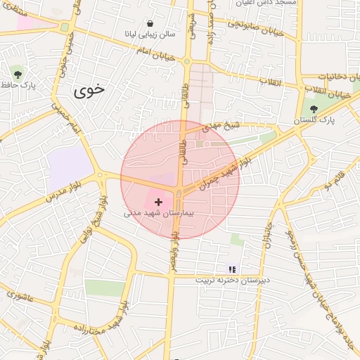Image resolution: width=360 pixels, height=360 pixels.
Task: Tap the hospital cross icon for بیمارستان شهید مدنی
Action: tap(157, 202)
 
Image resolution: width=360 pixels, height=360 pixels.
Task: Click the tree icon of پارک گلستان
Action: tap(314, 109)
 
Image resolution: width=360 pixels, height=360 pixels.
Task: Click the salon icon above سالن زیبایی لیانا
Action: tap(150, 23)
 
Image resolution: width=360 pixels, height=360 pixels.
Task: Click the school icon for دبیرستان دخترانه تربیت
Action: tap(232, 269)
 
